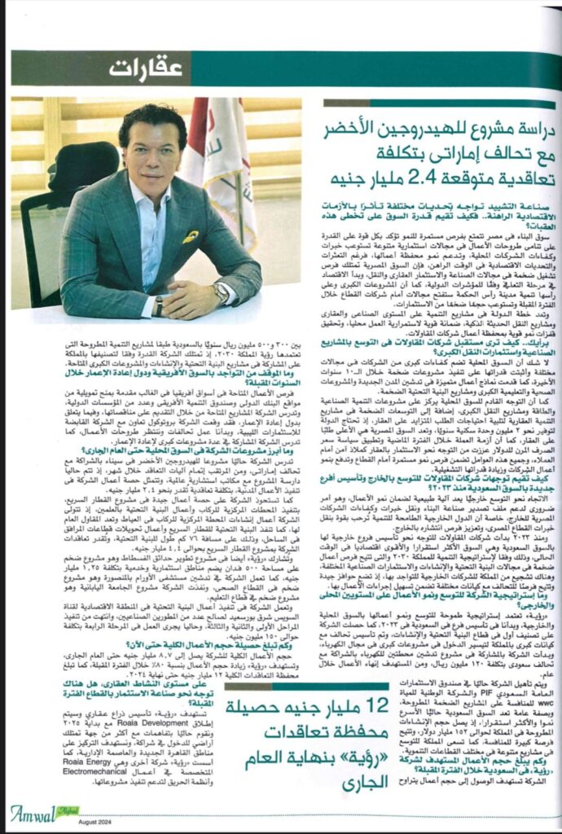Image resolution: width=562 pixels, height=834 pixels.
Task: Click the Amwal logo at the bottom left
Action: pyautogui.click(x=37, y=810)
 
